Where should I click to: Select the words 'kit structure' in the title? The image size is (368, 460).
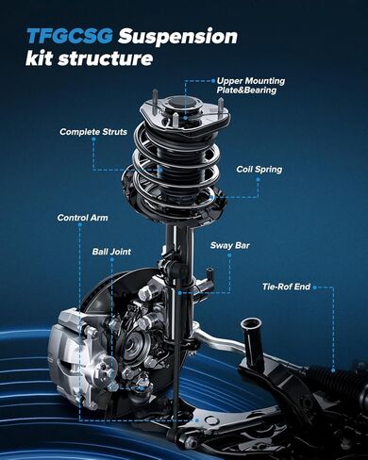pos(90,60)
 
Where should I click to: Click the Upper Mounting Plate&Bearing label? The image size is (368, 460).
pos(250,85)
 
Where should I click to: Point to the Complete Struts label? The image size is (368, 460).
pos(92,131)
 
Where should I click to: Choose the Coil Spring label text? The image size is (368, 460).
pos(259,170)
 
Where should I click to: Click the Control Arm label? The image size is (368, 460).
pos(83,218)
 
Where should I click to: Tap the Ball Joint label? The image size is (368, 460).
pos(111,252)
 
